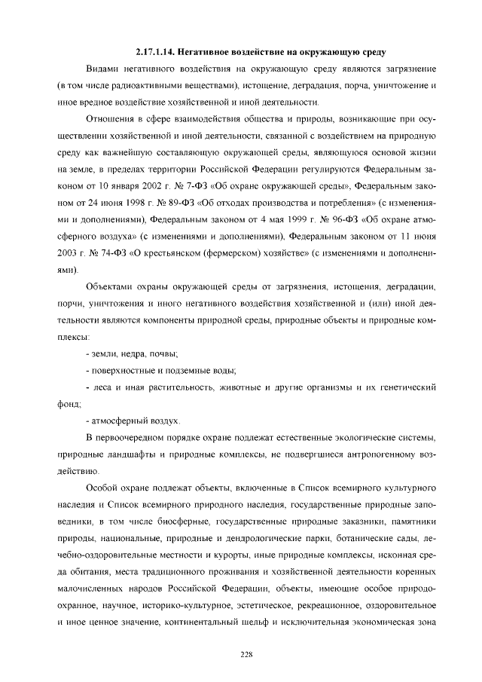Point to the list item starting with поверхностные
pyautogui.click(x=162, y=370)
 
